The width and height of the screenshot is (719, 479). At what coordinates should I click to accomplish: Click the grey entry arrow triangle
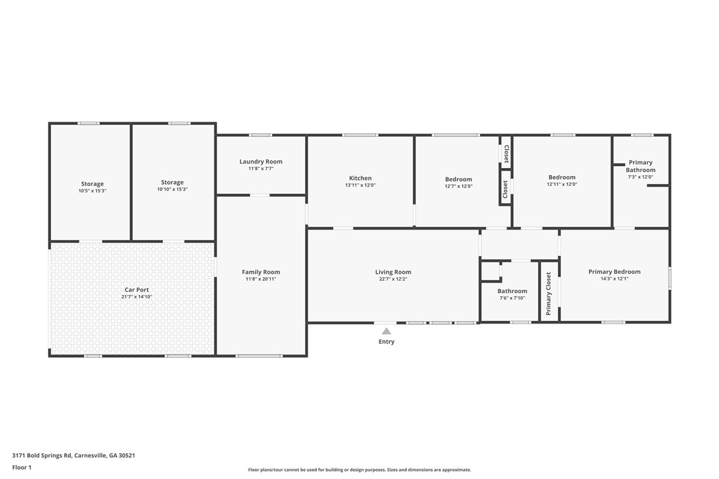[386, 331]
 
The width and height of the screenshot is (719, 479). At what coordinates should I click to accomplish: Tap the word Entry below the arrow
[386, 342]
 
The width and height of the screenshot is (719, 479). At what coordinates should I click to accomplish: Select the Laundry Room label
[261, 161]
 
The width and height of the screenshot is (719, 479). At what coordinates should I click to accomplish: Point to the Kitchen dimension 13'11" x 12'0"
[360, 185]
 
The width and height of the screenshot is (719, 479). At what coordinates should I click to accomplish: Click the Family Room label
[261, 272]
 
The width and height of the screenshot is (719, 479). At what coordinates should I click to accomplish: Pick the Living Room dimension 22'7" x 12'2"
[393, 279]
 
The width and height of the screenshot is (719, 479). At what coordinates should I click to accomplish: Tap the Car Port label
[137, 290]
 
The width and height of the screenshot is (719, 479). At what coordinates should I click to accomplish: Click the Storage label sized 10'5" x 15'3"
[92, 184]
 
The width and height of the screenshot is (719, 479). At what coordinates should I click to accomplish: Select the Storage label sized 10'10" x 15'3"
[172, 183]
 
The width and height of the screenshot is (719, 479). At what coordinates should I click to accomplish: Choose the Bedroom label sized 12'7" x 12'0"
[458, 179]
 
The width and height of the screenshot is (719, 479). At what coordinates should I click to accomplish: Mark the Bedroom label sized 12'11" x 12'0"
[561, 177]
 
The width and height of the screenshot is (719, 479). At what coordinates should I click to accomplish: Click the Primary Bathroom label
[640, 166]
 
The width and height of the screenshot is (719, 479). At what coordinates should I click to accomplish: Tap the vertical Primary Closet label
[548, 293]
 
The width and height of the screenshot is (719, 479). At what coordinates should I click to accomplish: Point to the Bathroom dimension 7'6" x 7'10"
[512, 298]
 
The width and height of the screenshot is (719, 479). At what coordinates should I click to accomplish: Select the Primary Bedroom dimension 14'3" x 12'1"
[614, 279]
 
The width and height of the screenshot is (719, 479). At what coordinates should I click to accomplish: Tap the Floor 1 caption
[21, 467]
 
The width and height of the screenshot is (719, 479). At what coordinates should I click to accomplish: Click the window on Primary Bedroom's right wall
[669, 278]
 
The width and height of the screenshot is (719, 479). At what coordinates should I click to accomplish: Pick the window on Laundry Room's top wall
[260, 136]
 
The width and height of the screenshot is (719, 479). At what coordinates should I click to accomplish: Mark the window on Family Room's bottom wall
[259, 356]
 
